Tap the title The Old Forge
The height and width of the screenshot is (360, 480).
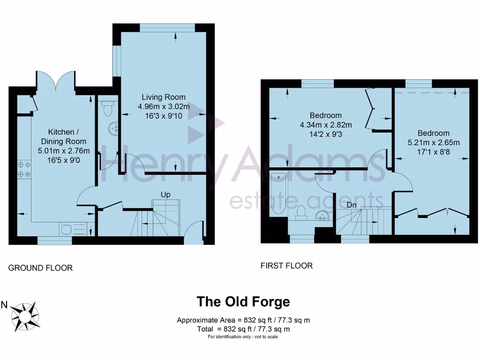point(243,301)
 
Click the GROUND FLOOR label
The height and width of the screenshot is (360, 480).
point(41,268)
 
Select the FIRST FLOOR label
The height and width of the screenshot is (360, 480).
point(286,266)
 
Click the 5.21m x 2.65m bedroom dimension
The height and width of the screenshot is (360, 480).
point(434,143)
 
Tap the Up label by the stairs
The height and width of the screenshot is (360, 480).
point(165,194)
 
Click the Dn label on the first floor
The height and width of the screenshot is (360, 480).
point(351,204)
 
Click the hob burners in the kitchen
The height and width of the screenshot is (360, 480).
point(24,169)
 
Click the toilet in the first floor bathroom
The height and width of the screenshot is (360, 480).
point(302,212)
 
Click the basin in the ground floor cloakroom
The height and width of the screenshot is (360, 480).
point(112,127)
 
